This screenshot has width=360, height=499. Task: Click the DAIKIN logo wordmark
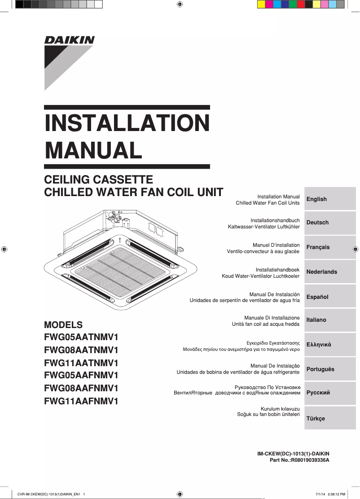click(70, 40)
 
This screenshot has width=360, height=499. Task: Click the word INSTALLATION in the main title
click(127, 123)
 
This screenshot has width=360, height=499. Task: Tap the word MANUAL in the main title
click(93, 150)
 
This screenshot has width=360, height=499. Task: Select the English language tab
click(329, 199)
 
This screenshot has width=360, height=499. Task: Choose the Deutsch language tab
click(329, 223)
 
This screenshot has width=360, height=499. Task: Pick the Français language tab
click(329, 247)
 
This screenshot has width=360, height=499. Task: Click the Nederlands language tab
click(329, 272)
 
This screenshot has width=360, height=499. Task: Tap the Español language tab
click(329, 297)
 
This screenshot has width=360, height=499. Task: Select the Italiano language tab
click(329, 320)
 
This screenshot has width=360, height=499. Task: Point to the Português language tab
click(329, 369)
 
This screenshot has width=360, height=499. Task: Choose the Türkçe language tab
click(329, 418)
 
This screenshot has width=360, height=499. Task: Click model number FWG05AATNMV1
click(81, 337)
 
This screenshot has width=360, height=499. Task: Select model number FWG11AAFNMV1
click(81, 401)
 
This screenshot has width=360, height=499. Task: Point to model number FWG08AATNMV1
click(81, 350)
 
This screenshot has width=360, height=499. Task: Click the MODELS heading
click(63, 325)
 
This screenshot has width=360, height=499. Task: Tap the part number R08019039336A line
click(299, 460)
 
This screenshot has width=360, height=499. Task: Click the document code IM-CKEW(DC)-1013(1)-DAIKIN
click(293, 454)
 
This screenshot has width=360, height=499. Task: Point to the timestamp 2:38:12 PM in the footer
click(336, 494)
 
